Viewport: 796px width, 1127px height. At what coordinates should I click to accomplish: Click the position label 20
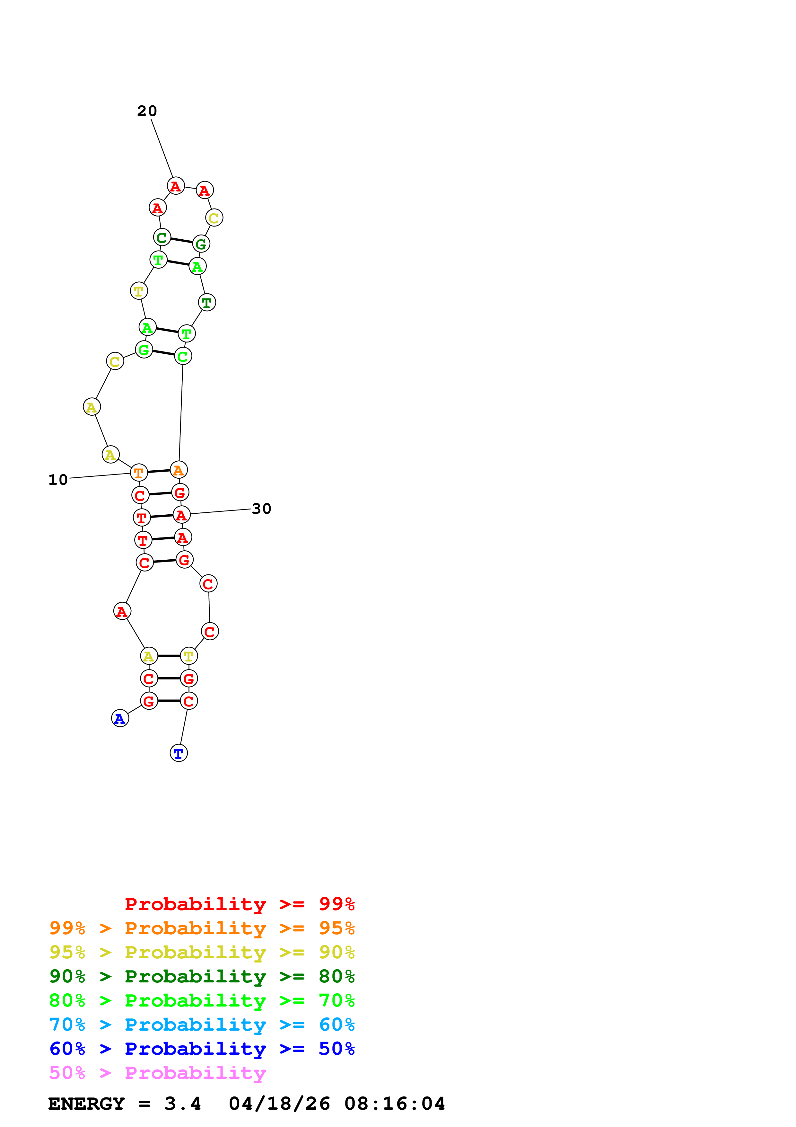tap(147, 111)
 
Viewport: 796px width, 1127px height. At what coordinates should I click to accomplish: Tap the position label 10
tap(58, 480)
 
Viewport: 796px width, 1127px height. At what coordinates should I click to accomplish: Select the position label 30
tap(261, 509)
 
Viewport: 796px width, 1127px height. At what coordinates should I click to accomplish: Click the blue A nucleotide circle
tap(120, 719)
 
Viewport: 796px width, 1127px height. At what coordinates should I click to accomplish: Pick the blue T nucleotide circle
tap(179, 753)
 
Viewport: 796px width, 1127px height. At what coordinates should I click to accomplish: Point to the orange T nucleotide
tap(139, 473)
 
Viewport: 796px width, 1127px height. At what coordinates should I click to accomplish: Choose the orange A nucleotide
tap(179, 470)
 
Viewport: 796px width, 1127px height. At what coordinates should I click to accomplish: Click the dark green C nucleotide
tap(162, 237)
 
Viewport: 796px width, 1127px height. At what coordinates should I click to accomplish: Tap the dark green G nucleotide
tap(201, 244)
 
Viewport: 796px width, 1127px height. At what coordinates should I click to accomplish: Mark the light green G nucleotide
tap(144, 350)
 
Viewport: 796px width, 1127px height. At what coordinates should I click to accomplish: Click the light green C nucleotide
tap(183, 356)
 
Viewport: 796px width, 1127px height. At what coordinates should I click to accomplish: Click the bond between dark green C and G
tap(181, 241)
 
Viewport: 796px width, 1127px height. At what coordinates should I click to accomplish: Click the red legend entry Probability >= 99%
tap(239, 904)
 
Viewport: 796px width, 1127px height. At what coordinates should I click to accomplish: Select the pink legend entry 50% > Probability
tap(157, 1073)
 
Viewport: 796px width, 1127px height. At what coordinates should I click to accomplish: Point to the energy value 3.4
tap(182, 1104)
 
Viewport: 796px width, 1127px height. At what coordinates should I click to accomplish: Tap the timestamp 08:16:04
tap(395, 1104)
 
